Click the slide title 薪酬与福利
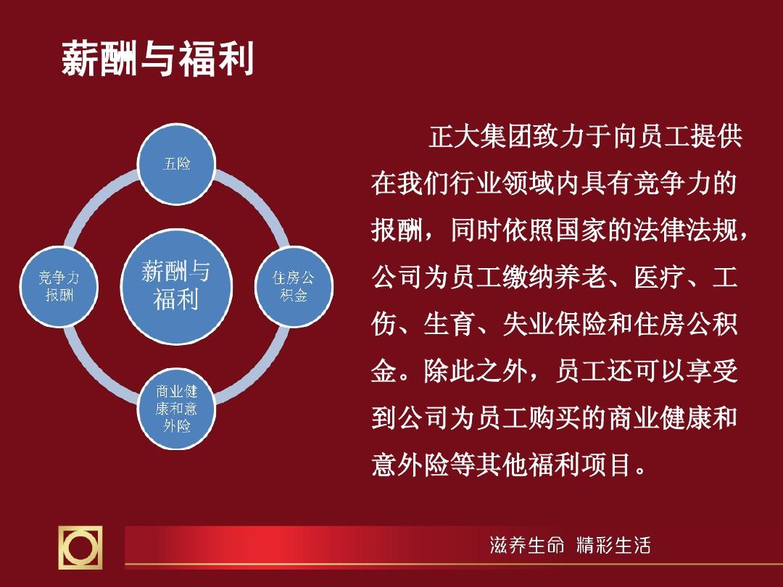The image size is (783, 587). pyautogui.click(x=158, y=59)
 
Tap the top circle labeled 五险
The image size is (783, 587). pyautogui.click(x=176, y=164)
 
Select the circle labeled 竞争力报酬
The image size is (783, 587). pyautogui.click(x=59, y=286)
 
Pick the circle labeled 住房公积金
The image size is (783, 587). pyautogui.click(x=294, y=286)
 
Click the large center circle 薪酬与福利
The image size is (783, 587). pyautogui.click(x=176, y=286)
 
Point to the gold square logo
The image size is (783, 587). pyautogui.click(x=80, y=547)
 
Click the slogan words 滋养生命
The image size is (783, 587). pyautogui.click(x=527, y=545)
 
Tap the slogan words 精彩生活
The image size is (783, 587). pyautogui.click(x=613, y=545)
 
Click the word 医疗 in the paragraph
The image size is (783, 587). pyautogui.click(x=659, y=277)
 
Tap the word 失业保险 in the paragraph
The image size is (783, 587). pyautogui.click(x=555, y=324)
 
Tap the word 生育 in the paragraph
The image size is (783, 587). pyautogui.click(x=449, y=324)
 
